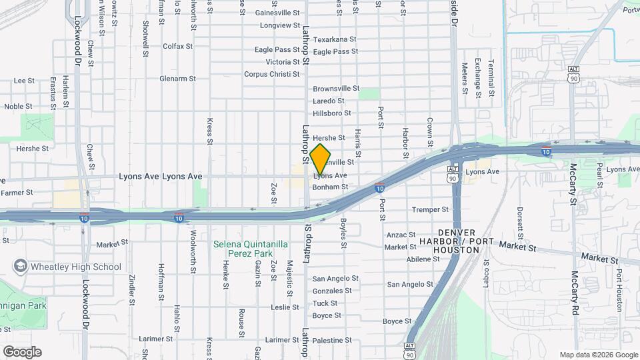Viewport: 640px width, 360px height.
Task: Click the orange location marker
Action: tap(321, 159)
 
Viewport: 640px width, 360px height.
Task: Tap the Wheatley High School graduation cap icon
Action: tap(20, 267)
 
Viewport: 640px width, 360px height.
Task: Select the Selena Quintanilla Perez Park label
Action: tap(251, 249)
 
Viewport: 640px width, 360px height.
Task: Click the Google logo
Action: tap(22, 352)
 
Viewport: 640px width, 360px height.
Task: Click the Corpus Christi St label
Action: tap(271, 74)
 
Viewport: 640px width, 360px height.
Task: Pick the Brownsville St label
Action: tap(336, 88)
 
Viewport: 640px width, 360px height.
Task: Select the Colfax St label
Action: tap(177, 46)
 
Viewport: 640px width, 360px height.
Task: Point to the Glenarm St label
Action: tap(177, 78)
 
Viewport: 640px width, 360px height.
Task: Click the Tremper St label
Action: tap(430, 209)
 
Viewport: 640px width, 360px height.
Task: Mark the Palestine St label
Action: tap(336, 340)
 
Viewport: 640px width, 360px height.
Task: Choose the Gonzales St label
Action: tap(332, 291)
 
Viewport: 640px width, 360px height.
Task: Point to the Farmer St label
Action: tap(17, 193)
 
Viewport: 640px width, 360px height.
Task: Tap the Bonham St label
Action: tap(331, 187)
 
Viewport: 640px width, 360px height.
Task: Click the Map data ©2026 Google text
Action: tap(599, 355)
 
